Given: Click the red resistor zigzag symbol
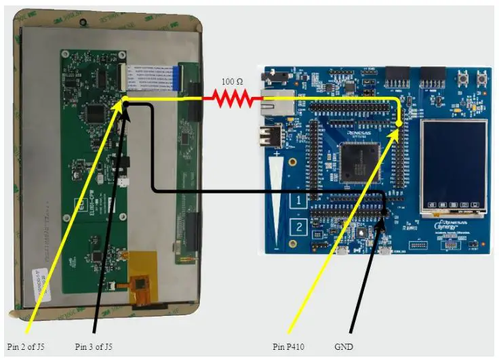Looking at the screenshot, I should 232,99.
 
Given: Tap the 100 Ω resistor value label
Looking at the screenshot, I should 233,81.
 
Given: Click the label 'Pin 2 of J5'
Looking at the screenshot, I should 26,347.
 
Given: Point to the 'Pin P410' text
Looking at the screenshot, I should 289,347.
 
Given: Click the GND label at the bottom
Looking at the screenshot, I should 344,347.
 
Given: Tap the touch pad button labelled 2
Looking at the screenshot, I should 299,226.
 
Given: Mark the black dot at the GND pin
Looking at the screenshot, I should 384,212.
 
